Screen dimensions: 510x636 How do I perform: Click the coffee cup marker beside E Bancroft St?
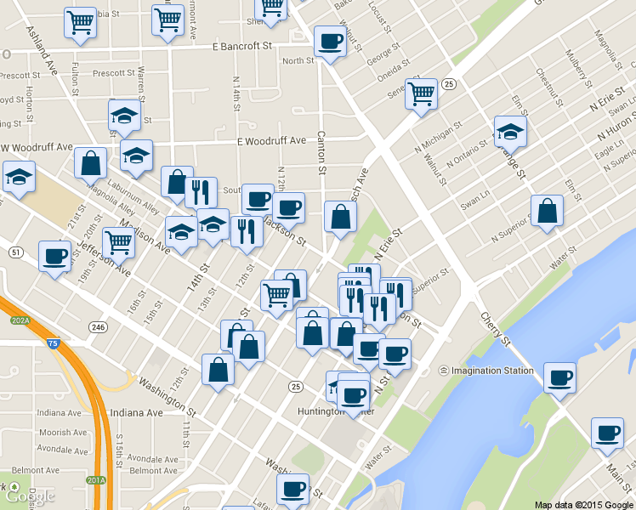coord(329,41)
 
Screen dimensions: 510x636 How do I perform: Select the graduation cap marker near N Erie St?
coord(510,131)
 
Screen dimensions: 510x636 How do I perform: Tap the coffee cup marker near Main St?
coord(607,433)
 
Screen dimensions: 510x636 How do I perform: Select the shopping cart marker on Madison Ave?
coord(118,242)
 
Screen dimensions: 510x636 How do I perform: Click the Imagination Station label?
coord(486,371)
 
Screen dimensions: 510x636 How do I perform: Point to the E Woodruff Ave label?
coord(271,140)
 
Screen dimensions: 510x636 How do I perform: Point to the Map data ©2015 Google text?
coord(583,504)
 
